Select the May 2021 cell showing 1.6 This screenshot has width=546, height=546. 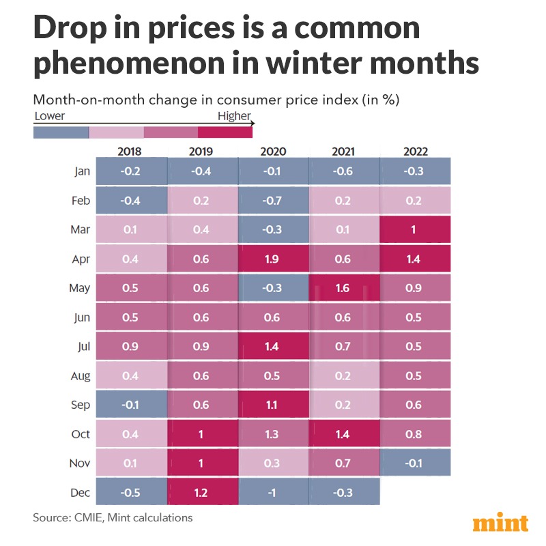[x=344, y=287]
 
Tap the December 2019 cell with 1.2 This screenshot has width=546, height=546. [x=202, y=491]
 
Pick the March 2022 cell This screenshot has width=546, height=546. [x=415, y=229]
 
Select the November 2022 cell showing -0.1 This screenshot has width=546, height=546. [x=415, y=463]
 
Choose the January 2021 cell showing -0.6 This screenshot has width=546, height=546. [x=344, y=171]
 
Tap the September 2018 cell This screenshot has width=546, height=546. [x=131, y=404]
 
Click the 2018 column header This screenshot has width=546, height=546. [x=131, y=152]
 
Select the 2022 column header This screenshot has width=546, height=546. [x=415, y=152]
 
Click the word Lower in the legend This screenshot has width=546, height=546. [x=49, y=116]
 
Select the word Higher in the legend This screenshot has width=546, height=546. [x=234, y=116]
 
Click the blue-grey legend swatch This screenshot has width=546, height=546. [x=61, y=132]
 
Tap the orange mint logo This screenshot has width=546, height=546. [x=500, y=523]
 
